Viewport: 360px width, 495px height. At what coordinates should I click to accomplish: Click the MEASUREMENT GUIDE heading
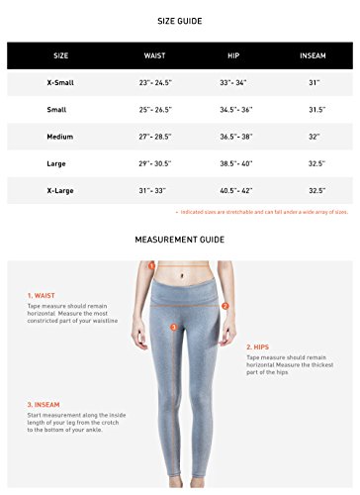tap(179, 239)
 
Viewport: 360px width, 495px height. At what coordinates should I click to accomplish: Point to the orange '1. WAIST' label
tap(42, 295)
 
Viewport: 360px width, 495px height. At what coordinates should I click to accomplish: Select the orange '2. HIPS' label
tap(258, 346)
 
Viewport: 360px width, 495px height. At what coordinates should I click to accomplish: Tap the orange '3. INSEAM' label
tap(45, 404)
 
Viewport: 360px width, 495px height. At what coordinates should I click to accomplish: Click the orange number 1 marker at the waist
tap(150, 266)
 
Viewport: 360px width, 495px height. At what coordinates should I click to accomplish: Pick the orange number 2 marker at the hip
tap(225, 306)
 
